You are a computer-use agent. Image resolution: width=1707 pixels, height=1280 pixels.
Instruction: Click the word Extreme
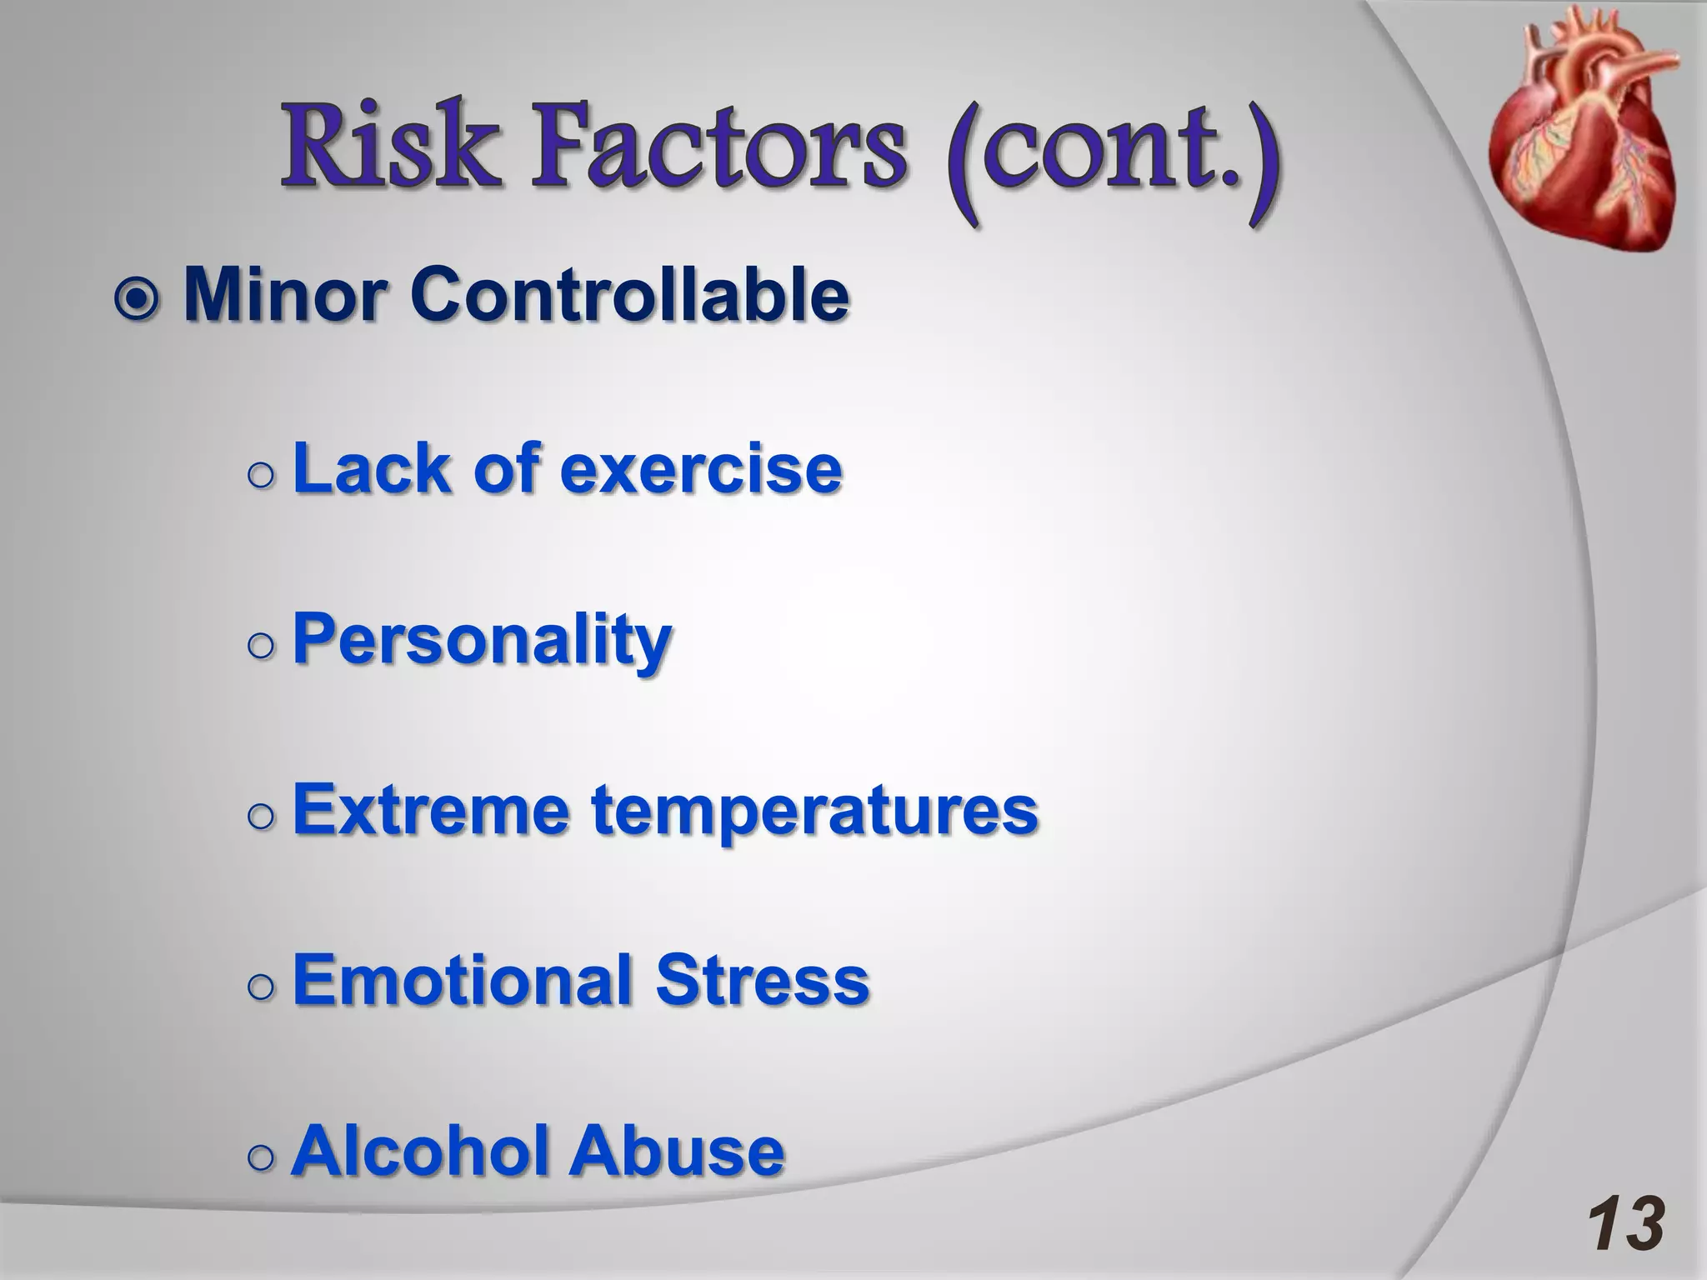point(430,810)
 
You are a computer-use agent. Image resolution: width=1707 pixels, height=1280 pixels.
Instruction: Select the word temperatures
point(815,812)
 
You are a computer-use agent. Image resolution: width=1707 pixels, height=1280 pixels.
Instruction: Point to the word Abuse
point(677,1151)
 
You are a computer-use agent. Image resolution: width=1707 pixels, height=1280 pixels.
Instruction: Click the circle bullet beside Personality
point(261,646)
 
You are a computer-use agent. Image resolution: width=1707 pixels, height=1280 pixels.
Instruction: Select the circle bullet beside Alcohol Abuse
point(261,1157)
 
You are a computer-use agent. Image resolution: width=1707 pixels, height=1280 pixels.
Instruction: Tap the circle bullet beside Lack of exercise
point(261,475)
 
